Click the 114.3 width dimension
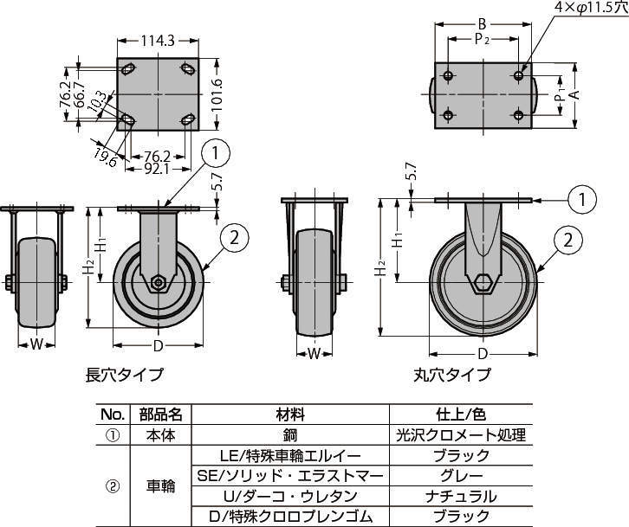tap(158, 41)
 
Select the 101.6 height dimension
tap(217, 94)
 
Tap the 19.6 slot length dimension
tap(105, 157)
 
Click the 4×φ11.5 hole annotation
tap(591, 8)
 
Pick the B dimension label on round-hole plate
tap(483, 24)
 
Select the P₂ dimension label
tap(482, 39)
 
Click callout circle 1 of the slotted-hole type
tap(216, 153)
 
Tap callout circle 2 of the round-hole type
tap(567, 241)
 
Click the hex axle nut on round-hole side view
tap(483, 283)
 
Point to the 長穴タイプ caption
tap(125, 375)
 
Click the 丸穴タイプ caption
tap(452, 375)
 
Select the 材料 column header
tap(290, 414)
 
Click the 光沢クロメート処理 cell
tap(461, 434)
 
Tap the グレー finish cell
tap(461, 476)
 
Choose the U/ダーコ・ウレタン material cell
tap(290, 497)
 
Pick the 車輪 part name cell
tap(160, 486)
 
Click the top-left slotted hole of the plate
tap(128, 69)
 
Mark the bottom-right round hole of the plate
tap(518, 115)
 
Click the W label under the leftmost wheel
tap(36, 344)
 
